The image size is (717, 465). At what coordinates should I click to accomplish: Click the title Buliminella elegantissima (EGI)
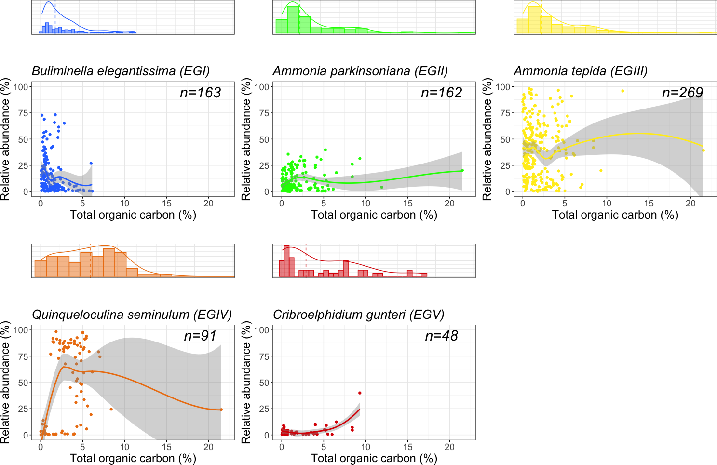coord(121,71)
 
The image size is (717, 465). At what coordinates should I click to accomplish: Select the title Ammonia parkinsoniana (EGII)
coord(360,71)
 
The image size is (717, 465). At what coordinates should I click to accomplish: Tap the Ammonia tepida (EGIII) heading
coord(581,71)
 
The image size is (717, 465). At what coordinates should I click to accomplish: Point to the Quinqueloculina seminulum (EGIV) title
coord(132,315)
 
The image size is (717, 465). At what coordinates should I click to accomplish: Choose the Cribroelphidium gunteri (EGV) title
coord(358,315)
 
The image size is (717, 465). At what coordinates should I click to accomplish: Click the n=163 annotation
coord(200,93)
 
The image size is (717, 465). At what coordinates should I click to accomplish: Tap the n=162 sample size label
coord(441,93)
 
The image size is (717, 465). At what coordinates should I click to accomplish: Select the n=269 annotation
coord(682,93)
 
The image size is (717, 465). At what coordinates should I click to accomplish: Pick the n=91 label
coord(200,336)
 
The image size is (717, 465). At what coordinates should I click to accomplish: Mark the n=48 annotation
coord(441,336)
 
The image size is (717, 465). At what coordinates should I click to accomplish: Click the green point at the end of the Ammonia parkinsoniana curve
coord(462,170)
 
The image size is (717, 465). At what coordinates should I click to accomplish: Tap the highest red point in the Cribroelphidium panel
coord(360,393)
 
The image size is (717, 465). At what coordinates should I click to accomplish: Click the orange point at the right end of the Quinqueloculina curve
coord(221,410)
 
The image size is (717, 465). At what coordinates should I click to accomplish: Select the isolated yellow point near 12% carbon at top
coord(622,91)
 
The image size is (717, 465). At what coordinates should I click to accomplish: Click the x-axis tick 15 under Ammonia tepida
coord(649,204)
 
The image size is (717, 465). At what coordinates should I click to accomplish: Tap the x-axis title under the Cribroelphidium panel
coord(374,458)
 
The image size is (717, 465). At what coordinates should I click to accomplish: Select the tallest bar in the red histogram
coord(286,261)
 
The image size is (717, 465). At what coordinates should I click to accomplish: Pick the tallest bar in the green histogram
coord(293,20)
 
